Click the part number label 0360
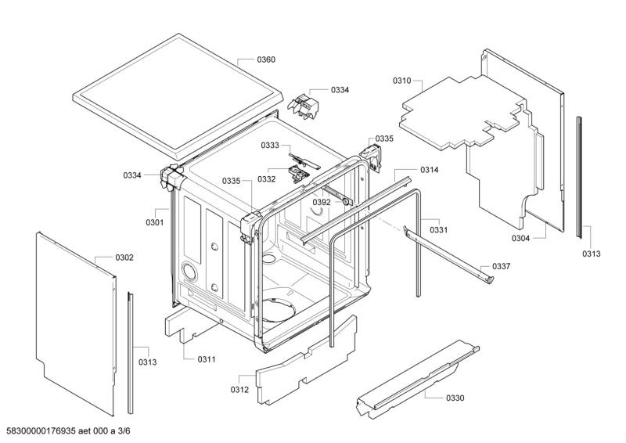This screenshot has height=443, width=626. pyautogui.click(x=266, y=60)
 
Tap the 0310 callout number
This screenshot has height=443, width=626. pyautogui.click(x=401, y=81)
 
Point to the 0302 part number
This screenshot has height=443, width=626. pyautogui.click(x=124, y=257)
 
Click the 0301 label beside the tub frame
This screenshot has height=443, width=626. pyautogui.click(x=154, y=222)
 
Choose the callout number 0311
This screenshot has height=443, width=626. pyautogui.click(x=206, y=359)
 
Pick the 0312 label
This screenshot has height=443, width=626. pyautogui.click(x=239, y=389)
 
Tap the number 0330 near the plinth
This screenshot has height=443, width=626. pyautogui.click(x=455, y=398)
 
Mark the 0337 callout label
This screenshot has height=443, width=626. pyautogui.click(x=502, y=267)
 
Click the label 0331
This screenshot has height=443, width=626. pyautogui.click(x=438, y=229)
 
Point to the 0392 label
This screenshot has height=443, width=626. pyautogui.click(x=322, y=202)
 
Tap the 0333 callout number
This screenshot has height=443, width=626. pyautogui.click(x=270, y=145)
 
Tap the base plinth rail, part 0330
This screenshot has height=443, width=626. pyautogui.click(x=415, y=376)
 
